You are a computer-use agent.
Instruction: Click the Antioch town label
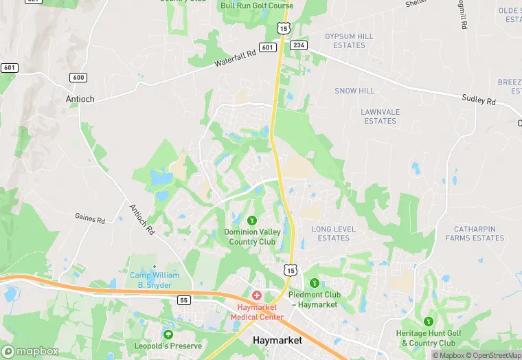80,99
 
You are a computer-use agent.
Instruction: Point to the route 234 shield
299,45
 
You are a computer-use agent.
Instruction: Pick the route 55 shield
183,300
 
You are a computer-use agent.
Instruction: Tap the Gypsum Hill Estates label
349,41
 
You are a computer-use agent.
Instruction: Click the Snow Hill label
354,91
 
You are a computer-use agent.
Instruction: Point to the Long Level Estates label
330,234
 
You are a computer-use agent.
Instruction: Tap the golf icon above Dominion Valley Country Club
252,221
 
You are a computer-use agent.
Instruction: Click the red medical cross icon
257,295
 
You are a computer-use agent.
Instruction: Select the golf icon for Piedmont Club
315,282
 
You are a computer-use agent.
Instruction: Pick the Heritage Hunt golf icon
429,321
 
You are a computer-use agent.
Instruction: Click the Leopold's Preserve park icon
168,334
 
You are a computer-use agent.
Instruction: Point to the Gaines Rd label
90,220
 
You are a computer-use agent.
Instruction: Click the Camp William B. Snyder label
155,280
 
